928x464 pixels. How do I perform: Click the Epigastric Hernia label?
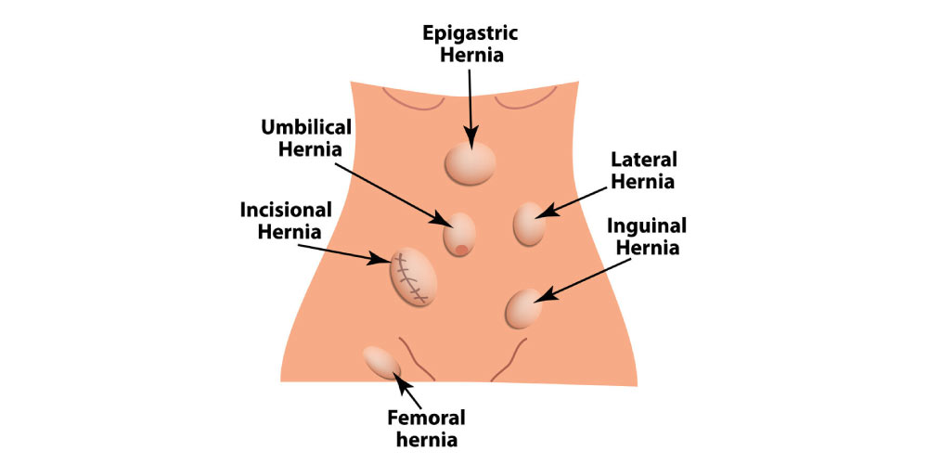470,44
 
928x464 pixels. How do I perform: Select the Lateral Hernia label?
643,170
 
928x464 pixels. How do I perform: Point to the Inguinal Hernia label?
646,237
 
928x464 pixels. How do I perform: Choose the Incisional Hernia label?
281,220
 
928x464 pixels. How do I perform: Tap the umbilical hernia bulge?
461,233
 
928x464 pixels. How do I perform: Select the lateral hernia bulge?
530,225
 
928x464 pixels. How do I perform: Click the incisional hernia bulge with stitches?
414,277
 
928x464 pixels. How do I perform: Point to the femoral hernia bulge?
381,361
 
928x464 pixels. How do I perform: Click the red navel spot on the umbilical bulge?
461,249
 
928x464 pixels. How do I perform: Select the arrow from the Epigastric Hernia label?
470,102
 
